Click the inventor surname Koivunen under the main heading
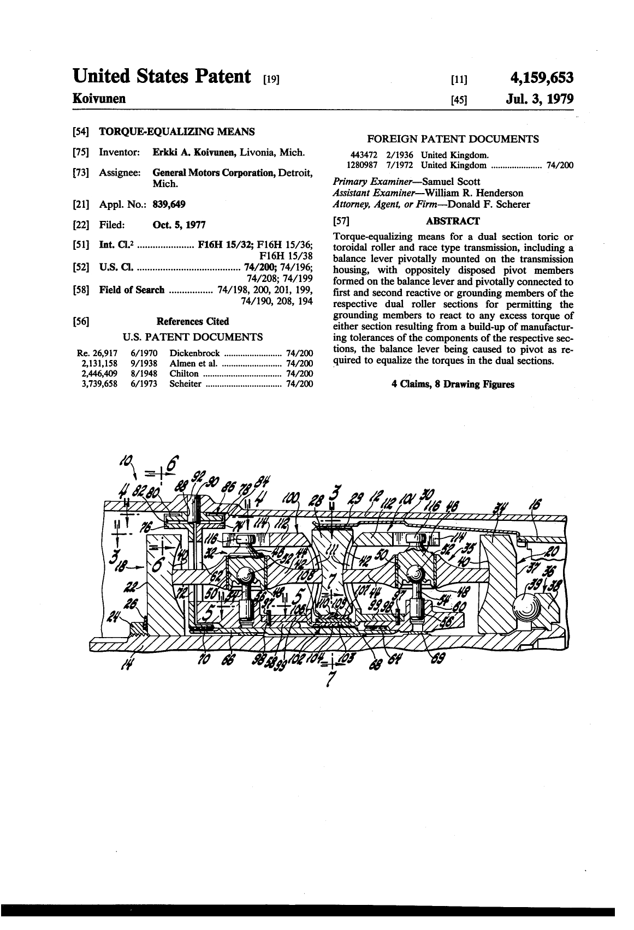coord(99,99)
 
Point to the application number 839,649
coord(169,205)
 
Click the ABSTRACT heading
coord(453,221)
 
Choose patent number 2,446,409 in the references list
coord(98,374)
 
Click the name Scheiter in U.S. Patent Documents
coord(185,384)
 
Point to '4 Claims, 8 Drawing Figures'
coord(453,384)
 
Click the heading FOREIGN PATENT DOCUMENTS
coord(453,139)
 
